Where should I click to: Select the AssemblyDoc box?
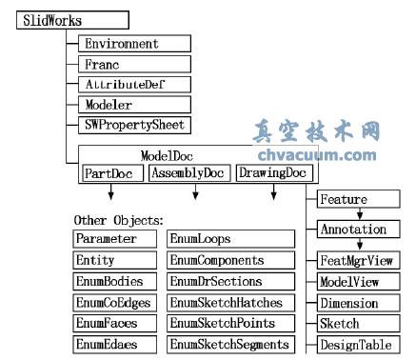189,173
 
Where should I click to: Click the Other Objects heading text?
118,220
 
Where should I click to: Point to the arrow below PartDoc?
111,194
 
